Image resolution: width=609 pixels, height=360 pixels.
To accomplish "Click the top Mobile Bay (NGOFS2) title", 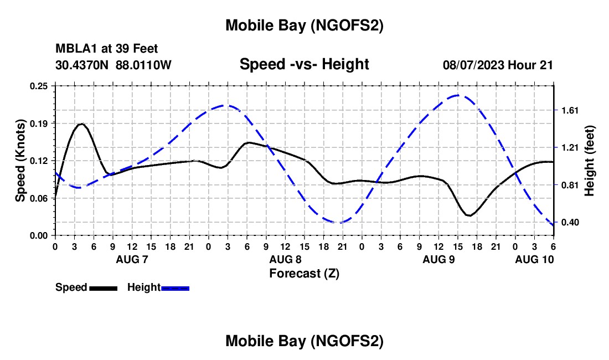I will pos(304,25).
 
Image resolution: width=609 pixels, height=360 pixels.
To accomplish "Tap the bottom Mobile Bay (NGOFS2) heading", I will pos(304,342).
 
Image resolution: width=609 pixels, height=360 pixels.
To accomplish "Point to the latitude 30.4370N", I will pos(82,65).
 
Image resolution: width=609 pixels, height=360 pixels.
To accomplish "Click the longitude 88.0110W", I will pos(144,65).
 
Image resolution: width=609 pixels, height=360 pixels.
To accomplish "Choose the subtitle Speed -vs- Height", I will pos(304,64).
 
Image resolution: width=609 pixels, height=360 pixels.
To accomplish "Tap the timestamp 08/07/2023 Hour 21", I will pos(498,65).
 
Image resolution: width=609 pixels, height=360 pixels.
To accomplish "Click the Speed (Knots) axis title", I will pos(20,161).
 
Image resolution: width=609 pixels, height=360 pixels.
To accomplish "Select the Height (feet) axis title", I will pos(589,161).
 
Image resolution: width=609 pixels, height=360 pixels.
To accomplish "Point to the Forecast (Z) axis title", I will pos(304,273).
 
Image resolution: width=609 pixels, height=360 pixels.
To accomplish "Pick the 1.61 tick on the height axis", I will pos(570,110).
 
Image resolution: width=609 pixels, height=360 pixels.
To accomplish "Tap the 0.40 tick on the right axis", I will pos(570,223).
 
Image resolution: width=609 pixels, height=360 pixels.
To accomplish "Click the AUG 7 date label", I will pos(131,259).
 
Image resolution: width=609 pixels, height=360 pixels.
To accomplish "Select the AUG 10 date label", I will pos(534,259).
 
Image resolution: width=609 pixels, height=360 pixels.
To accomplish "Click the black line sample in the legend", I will pos(103,288).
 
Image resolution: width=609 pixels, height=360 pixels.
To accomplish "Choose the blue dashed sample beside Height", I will pos(176,288).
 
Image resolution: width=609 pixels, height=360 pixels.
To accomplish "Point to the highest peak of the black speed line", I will pos(82,124).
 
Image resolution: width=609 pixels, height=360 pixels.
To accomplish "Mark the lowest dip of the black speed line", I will pos(469,215).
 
